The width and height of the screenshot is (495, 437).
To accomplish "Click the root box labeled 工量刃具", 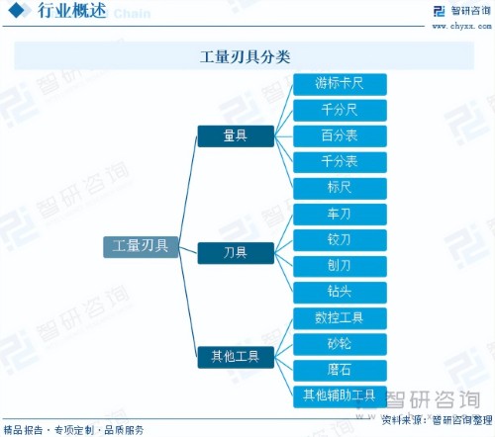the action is tap(141, 247).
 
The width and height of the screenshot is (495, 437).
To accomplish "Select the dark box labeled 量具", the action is tap(236, 136).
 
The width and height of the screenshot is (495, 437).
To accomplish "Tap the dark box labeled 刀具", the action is tap(236, 253).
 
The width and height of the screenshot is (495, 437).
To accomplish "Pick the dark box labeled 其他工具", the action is tap(236, 357).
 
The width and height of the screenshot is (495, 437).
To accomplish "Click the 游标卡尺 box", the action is tap(340, 84).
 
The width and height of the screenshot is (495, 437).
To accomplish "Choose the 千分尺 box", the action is tap(340, 111).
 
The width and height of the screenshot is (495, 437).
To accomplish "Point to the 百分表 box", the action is tap(340, 136).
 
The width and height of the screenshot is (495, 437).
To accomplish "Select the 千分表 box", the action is tap(340, 162).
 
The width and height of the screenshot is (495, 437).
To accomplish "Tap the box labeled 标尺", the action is tap(340, 189).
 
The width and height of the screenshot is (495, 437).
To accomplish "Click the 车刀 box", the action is tap(340, 215).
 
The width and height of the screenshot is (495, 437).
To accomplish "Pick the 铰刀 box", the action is tap(340, 240).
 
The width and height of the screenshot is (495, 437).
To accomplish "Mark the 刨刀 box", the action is tap(340, 266).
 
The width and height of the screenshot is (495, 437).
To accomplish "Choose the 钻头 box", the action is tap(340, 293).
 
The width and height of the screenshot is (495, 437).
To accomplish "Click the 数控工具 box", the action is tap(340, 318).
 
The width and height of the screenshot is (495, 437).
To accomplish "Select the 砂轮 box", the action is tap(340, 344).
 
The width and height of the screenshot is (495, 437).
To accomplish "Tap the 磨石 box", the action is tap(340, 371).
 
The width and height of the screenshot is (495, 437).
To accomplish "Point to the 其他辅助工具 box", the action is tap(340, 396).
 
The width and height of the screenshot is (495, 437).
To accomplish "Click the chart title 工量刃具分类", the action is tap(245, 57).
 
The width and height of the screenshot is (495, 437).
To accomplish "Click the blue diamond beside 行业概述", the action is tap(17, 11).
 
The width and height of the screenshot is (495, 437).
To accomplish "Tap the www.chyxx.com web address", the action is tap(461, 26).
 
